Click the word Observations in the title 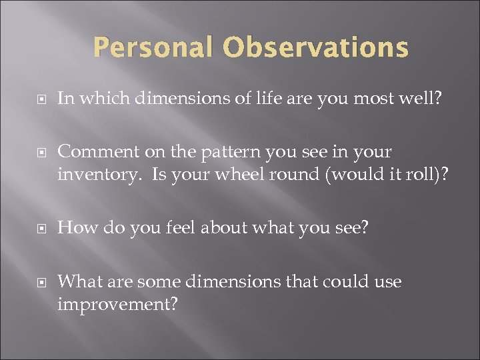(316, 48)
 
